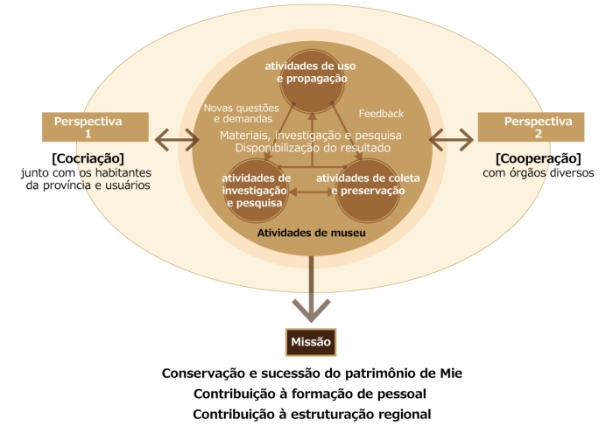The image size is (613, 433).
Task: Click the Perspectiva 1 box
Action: click(95, 127)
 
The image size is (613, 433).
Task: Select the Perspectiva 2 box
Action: click(531, 127)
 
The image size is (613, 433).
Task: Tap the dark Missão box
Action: click(311, 342)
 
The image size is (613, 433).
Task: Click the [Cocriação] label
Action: click(88, 158)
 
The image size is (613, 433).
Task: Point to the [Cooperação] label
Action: click(539, 158)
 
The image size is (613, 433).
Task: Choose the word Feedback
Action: click(381, 114)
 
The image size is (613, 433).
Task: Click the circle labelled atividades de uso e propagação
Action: click(312, 81)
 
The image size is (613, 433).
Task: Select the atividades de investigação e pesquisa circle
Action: click(257, 191)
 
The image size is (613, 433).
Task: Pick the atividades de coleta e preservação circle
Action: click(368, 191)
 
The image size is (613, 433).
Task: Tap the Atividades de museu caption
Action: click(312, 233)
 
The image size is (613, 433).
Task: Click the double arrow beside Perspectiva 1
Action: click(177, 140)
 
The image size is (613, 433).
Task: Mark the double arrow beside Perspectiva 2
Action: click(452, 140)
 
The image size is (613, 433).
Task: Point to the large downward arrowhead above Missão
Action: click(311, 310)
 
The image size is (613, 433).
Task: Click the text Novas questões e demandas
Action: click(242, 113)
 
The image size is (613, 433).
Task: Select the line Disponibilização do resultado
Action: click(313, 148)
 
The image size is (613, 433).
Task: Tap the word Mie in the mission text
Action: click(451, 374)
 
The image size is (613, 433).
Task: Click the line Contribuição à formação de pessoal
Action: click(310, 394)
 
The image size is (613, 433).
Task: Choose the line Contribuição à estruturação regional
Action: click(312, 415)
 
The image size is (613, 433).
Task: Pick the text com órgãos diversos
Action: click(539, 173)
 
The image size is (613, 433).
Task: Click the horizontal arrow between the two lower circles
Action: click(312, 192)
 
